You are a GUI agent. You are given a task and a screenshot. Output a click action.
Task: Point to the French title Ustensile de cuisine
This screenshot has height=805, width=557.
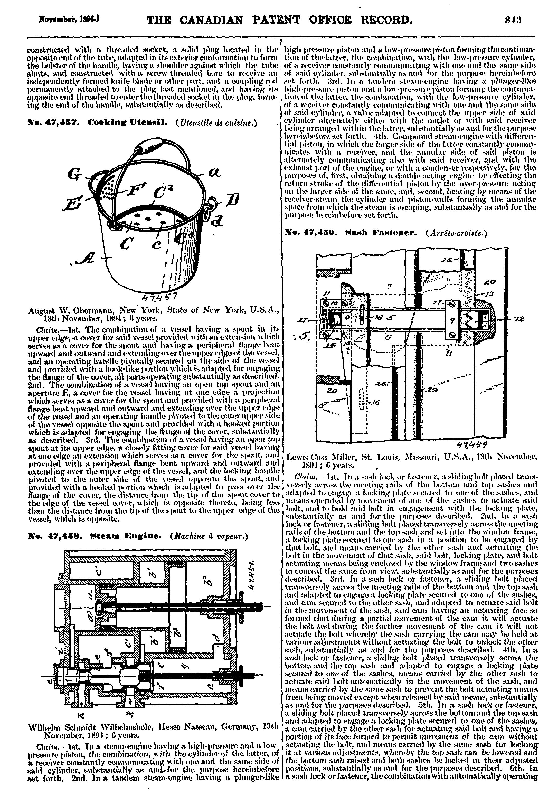click(x=217, y=123)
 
